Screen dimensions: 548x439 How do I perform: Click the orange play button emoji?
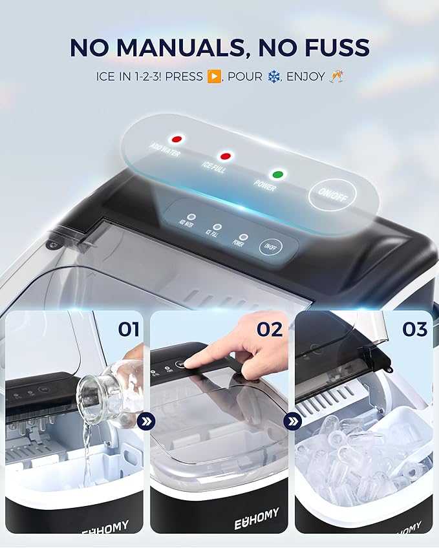coord(214,77)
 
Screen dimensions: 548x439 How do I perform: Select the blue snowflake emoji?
coord(274,77)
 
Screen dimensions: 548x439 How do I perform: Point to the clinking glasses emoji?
coord(336,77)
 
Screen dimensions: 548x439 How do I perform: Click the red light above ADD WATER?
coord(175,139)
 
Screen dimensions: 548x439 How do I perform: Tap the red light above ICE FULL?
coord(225,156)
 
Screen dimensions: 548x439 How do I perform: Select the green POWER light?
coord(278,174)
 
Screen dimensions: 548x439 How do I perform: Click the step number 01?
coord(129,330)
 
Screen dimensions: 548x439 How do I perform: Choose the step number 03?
coord(415,330)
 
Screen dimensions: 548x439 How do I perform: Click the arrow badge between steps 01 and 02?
coord(146,422)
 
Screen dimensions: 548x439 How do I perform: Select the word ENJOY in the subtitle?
coord(305,77)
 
